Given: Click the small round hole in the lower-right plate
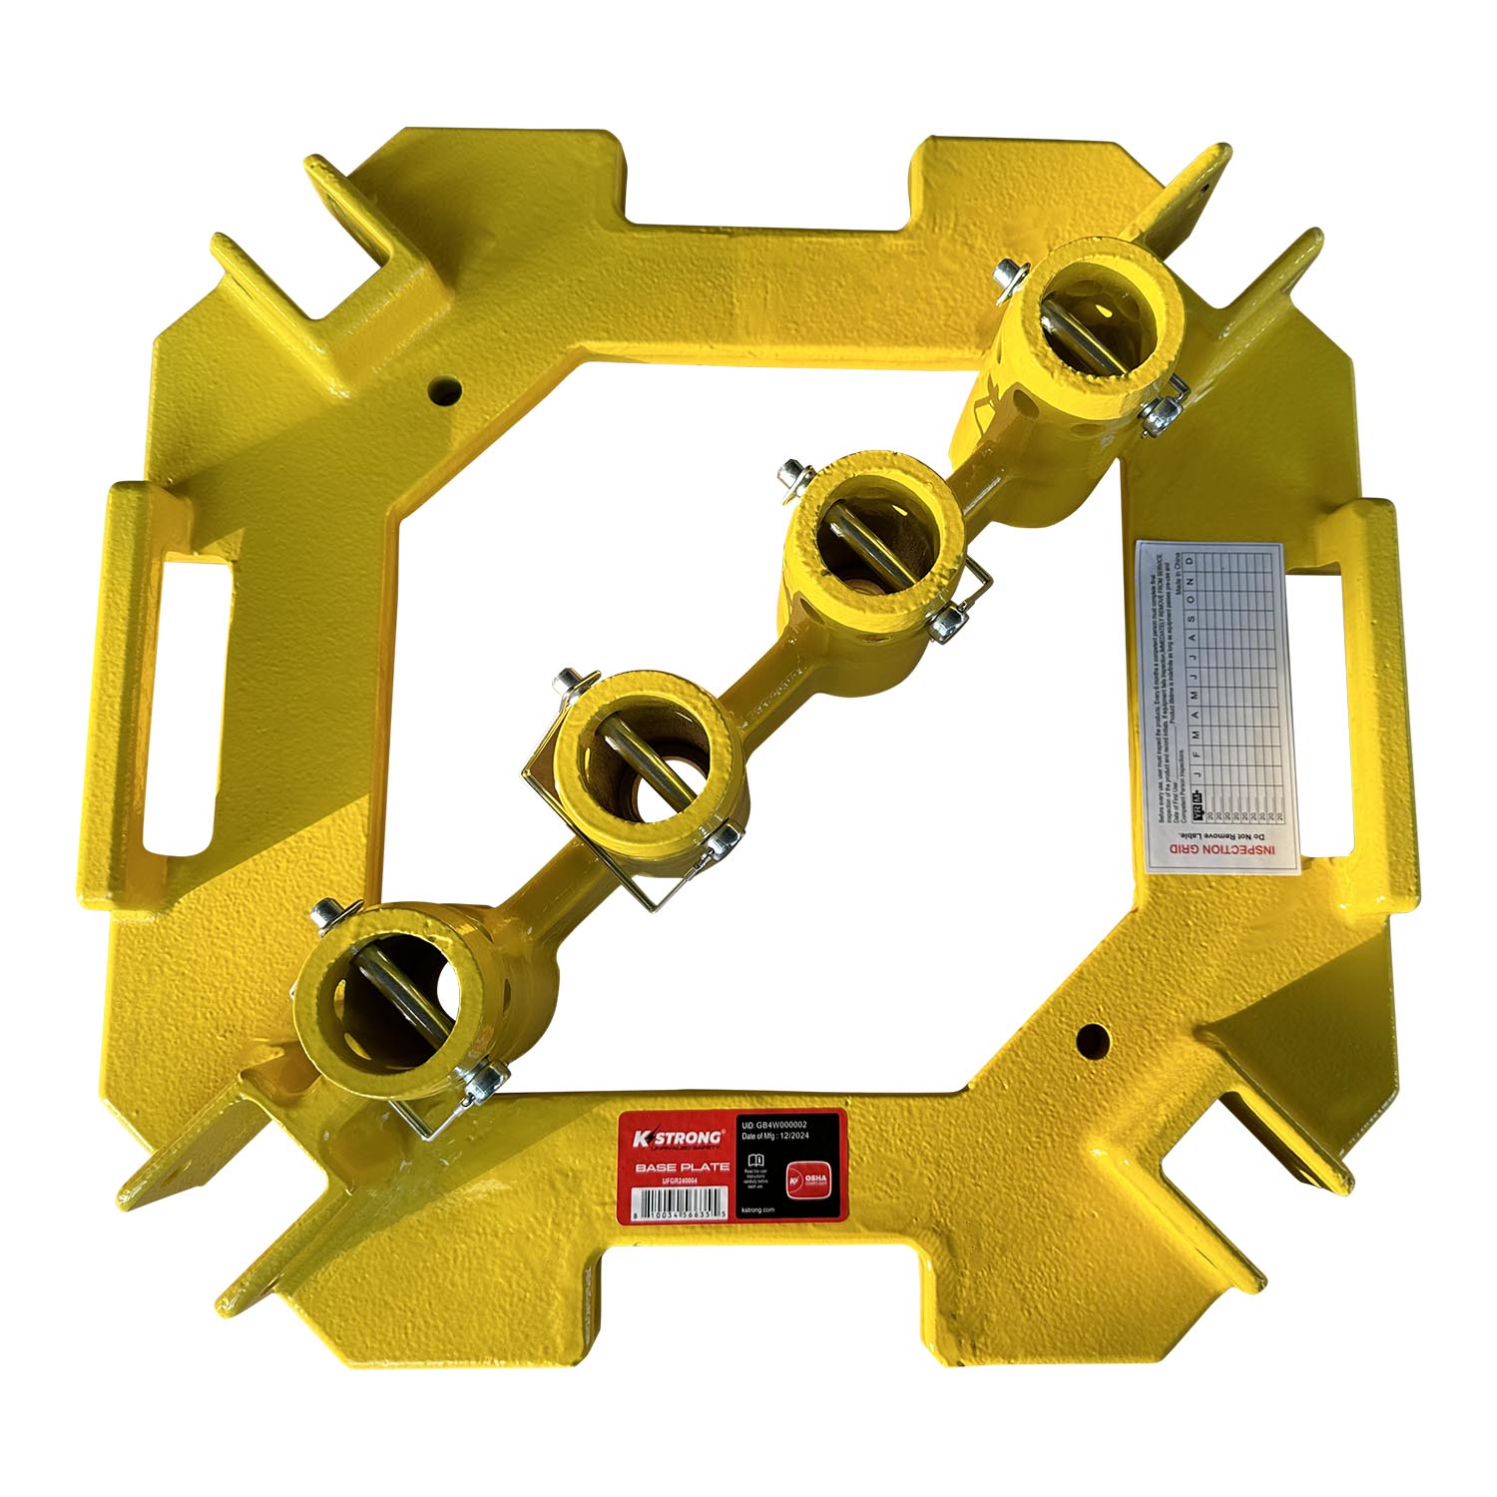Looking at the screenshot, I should (1091, 1039).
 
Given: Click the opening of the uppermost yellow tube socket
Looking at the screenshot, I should (1092, 320).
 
